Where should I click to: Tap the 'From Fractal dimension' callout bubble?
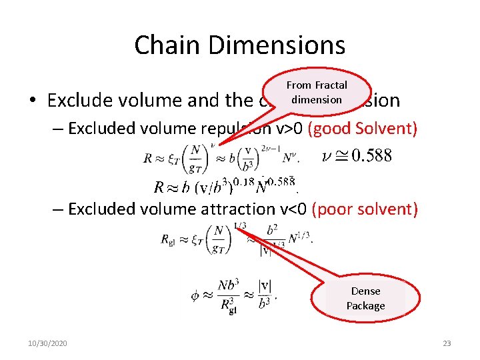pos(317,92)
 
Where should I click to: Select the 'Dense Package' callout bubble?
pos(365,298)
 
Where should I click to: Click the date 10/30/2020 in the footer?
pos(47,343)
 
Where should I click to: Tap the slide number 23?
pos(447,343)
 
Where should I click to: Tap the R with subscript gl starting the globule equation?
pos(168,239)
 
